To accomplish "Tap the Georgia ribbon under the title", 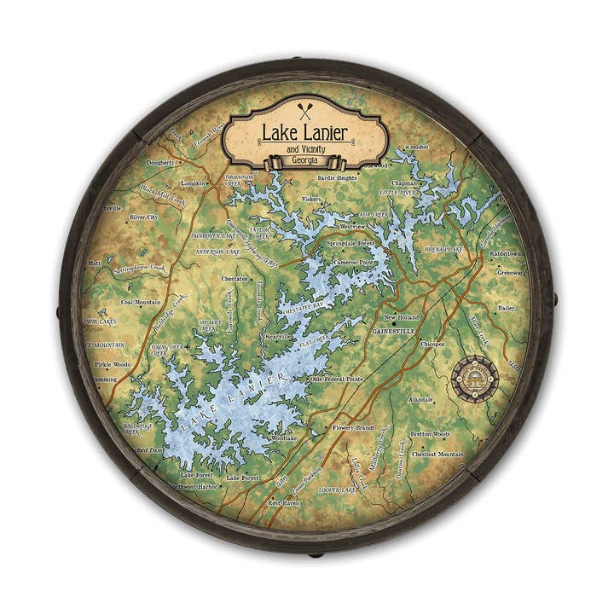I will click(x=304, y=160).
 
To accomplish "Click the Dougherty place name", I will click(x=160, y=162).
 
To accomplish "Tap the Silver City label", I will click(x=143, y=217).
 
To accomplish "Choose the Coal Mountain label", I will click(x=141, y=302).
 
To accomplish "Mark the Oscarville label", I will click(x=277, y=336).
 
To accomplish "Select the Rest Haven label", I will click(x=284, y=503).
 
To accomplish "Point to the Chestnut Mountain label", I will click(x=437, y=455).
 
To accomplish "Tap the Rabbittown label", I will click(x=505, y=253).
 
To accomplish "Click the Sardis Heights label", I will click(x=337, y=178).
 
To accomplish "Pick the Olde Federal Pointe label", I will click(x=337, y=379).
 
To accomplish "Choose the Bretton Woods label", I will click(x=430, y=434).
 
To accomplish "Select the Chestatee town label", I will click(x=235, y=278).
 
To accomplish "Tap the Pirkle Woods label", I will click(x=113, y=363).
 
